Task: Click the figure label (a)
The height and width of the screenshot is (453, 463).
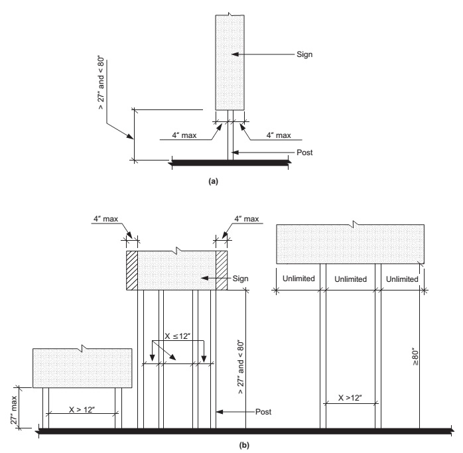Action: tap(213, 181)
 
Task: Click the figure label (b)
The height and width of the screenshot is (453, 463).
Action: tap(244, 445)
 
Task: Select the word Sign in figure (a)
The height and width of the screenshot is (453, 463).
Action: tap(304, 54)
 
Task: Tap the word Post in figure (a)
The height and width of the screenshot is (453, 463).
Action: tap(304, 153)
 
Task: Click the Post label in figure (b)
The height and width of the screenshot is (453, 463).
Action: tap(263, 412)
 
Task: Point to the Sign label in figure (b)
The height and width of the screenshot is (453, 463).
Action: tap(240, 279)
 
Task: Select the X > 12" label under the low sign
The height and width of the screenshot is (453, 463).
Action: tap(82, 410)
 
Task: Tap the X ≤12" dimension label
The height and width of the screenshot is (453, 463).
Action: tap(178, 336)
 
